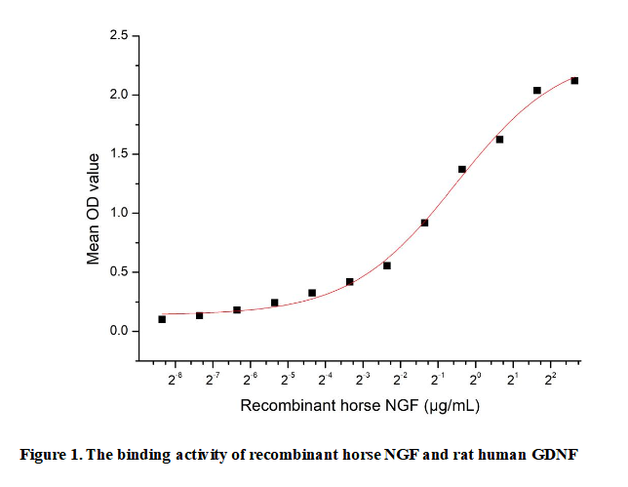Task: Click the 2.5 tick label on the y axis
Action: click(118, 36)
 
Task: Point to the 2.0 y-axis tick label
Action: click(118, 95)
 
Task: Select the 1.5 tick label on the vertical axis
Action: click(118, 154)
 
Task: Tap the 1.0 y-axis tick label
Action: click(118, 213)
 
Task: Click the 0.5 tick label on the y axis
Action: click(118, 272)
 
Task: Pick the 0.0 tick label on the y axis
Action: click(118, 331)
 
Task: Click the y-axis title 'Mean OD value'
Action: click(94, 209)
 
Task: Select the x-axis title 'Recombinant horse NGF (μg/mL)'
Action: click(360, 405)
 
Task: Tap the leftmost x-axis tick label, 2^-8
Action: click(176, 378)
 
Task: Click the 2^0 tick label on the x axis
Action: click(476, 378)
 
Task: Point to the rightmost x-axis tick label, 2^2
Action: click(550, 378)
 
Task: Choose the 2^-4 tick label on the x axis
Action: click(326, 378)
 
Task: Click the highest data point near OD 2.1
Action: click(574, 80)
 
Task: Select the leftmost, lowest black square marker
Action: click(162, 319)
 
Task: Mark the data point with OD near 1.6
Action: click(499, 140)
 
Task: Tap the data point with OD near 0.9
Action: click(424, 223)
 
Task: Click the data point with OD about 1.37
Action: click(462, 169)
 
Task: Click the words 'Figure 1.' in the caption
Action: click(58, 455)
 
